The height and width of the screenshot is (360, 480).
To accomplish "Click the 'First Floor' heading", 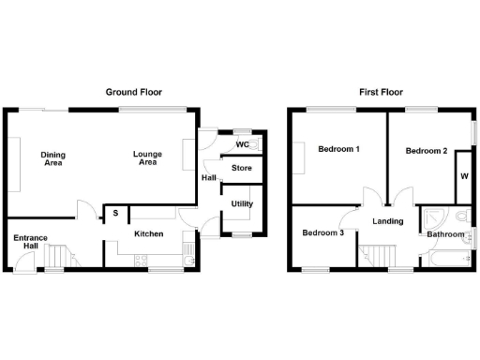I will pyautogui.click(x=382, y=92).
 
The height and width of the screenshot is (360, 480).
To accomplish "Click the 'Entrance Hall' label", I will pyautogui.click(x=31, y=243).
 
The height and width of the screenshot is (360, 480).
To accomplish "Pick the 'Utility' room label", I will pyautogui.click(x=242, y=203).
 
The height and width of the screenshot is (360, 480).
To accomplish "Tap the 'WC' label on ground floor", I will pyautogui.click(x=242, y=145).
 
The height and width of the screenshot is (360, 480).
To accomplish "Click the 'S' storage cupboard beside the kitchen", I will pyautogui.click(x=115, y=214).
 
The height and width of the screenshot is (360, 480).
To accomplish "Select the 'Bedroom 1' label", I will pyautogui.click(x=338, y=150).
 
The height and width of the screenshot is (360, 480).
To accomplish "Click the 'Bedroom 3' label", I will pyautogui.click(x=322, y=232).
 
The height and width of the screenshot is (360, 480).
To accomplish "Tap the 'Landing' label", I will pyautogui.click(x=387, y=222).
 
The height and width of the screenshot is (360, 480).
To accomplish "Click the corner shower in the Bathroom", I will pyautogui.click(x=431, y=217).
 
